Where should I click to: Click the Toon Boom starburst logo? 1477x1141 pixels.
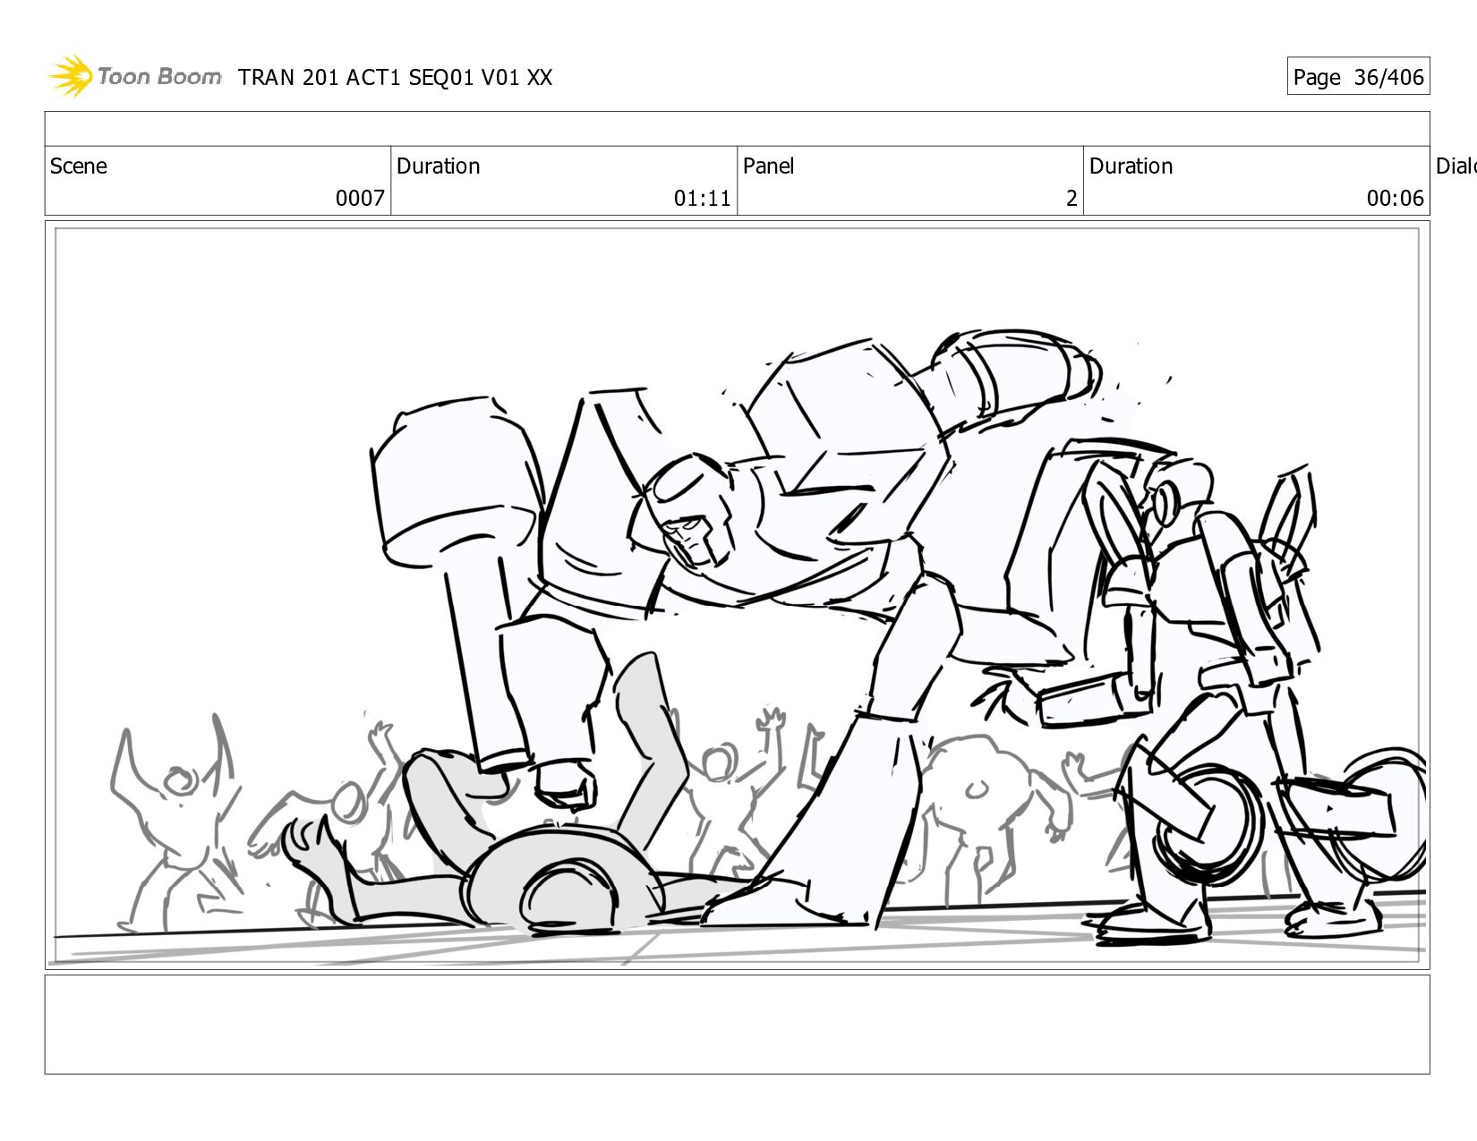click(71, 75)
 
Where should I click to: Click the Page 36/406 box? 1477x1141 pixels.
click(1358, 76)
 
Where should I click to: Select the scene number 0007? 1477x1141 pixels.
click(360, 198)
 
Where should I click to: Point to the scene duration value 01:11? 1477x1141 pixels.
click(702, 198)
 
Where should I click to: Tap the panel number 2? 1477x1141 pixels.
click(1071, 198)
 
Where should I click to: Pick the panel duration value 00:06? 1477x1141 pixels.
click(1395, 198)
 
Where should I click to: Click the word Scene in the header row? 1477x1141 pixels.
click(78, 166)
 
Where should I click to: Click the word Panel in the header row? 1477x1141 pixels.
click(768, 166)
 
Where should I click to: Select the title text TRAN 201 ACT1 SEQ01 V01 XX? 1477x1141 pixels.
click(395, 78)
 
